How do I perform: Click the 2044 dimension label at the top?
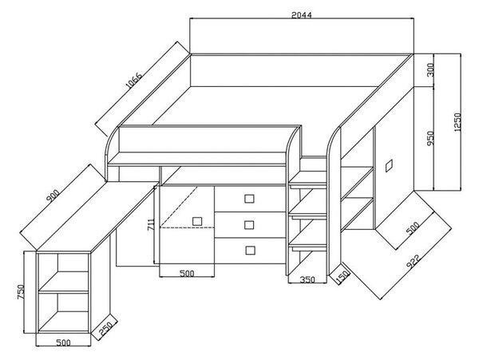point(302,15)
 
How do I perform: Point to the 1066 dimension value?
point(134,81)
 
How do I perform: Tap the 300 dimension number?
point(430,69)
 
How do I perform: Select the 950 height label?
point(430,138)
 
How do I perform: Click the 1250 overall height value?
point(457,122)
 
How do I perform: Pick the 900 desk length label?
point(53,196)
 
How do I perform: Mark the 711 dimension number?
point(151,224)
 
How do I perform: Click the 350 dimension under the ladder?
point(307,279)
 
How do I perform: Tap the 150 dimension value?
point(342,277)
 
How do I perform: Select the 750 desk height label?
point(21,291)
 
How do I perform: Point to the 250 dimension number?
point(107,328)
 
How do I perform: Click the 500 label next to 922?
point(413,227)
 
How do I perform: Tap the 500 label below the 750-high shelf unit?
point(64,342)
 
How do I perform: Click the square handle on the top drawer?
point(250,199)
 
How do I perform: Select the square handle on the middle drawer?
point(250,225)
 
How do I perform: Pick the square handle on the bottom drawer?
point(250,251)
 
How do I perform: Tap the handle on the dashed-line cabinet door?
point(197,221)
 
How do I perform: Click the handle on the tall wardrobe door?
point(389,165)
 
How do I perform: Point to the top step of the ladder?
point(308,185)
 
